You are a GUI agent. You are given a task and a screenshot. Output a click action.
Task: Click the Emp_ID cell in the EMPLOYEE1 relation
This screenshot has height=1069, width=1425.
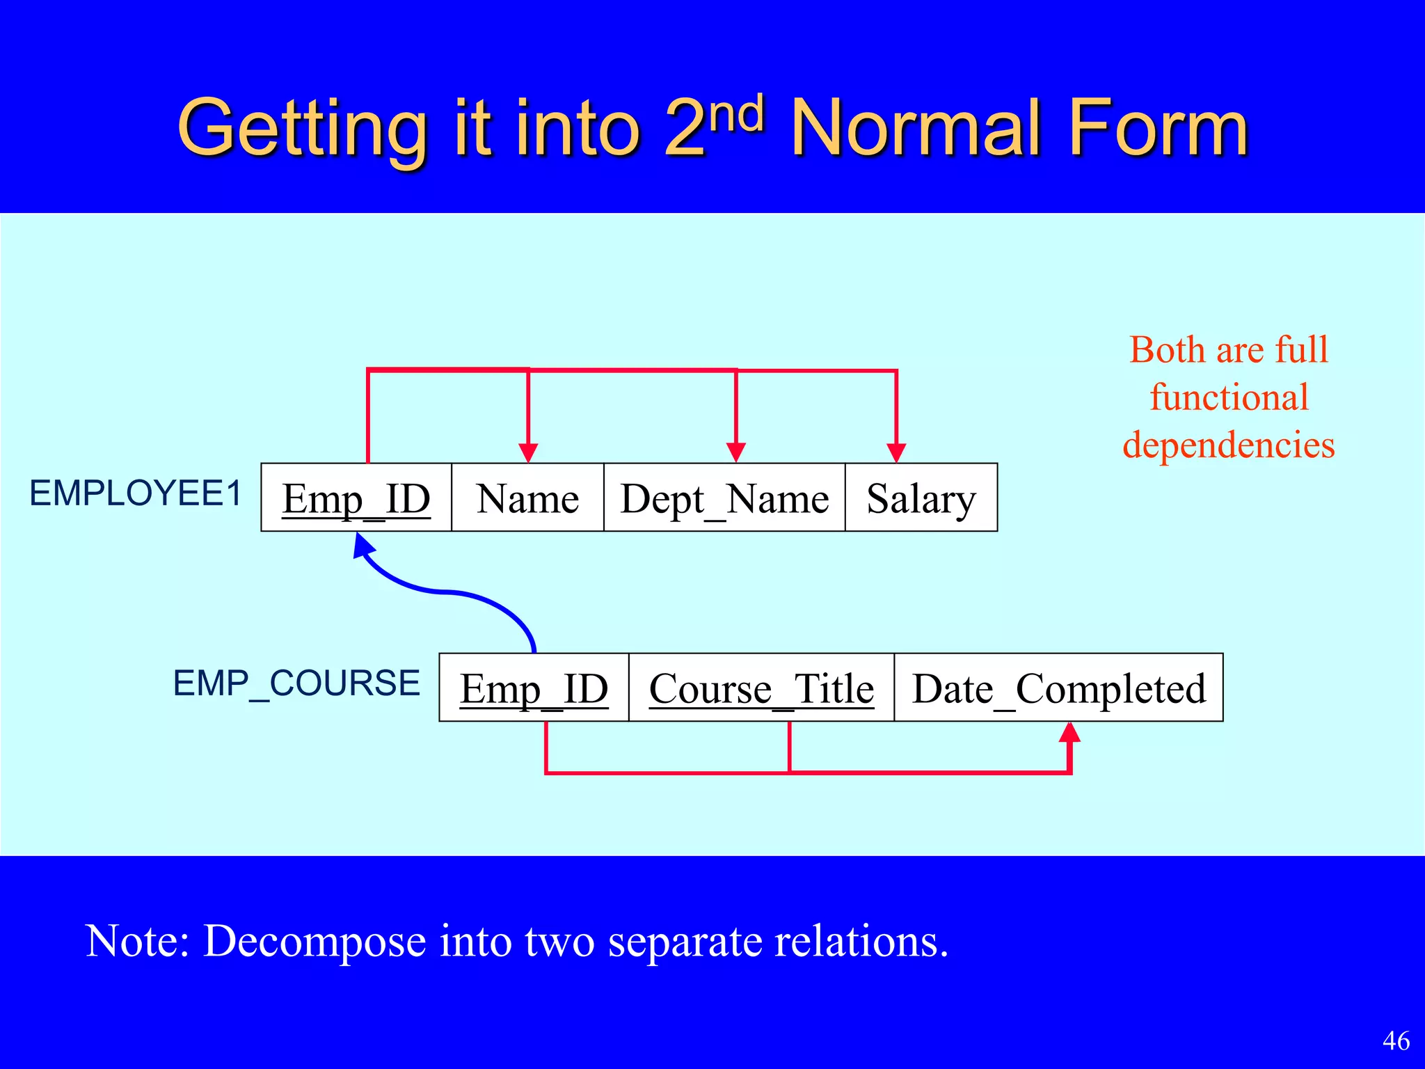356,498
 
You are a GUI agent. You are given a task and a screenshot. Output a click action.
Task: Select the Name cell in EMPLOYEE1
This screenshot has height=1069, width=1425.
527,498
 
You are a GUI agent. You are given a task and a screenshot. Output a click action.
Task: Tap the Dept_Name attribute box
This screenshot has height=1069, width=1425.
724,498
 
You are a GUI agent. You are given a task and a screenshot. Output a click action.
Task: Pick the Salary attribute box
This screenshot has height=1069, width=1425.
921,498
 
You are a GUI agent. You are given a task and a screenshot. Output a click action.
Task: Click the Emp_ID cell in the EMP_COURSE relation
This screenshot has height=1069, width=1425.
534,688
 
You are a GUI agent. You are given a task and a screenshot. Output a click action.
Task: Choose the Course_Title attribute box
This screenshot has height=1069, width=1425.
761,688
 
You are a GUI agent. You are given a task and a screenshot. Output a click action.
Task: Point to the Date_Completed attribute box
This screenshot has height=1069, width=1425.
1058,688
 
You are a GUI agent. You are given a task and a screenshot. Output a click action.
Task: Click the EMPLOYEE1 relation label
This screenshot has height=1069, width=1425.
136,493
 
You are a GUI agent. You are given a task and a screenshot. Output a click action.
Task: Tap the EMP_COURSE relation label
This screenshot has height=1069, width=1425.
296,683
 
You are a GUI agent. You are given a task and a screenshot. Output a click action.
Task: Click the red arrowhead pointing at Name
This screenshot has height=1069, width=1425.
529,452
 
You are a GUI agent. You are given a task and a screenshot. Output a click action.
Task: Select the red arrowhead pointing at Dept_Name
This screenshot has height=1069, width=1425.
736,452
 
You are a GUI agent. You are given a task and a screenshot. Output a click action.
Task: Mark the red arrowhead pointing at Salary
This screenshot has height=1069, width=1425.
896,452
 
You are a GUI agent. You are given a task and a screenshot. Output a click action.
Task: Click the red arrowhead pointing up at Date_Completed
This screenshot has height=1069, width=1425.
1070,732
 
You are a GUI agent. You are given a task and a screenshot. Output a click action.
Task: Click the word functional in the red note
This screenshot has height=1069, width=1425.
1229,397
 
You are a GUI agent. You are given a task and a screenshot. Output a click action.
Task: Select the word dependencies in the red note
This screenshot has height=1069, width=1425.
1229,445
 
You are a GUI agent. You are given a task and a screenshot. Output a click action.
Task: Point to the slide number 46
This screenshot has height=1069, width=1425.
1396,1040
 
